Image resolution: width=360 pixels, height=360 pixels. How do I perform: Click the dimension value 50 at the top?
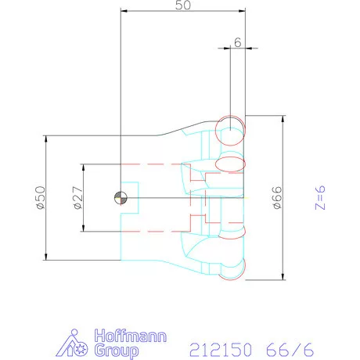(x=183, y=5)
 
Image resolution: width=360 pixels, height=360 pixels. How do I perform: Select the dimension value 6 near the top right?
(x=238, y=42)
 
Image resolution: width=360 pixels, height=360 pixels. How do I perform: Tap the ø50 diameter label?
(x=41, y=197)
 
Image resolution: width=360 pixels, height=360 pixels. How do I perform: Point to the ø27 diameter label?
(x=77, y=197)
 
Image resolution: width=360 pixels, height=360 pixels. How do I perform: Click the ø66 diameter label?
(x=278, y=197)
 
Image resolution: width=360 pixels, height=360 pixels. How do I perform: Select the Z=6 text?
(x=320, y=197)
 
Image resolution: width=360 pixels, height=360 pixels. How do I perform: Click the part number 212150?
(x=221, y=350)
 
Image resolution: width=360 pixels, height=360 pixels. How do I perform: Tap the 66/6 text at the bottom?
(x=290, y=350)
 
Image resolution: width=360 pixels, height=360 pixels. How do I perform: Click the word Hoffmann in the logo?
(x=130, y=336)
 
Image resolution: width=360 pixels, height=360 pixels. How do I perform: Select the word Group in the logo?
(x=117, y=351)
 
